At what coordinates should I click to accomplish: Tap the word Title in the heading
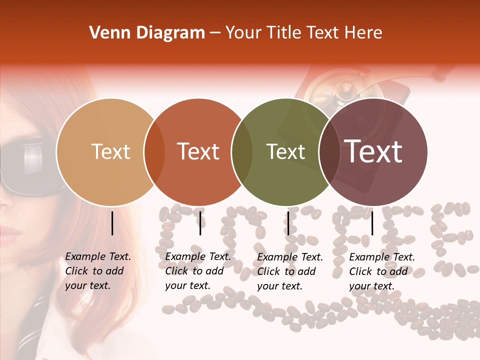pos(284,33)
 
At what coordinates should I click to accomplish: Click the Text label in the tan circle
pos(110,151)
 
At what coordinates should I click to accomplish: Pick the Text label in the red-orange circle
pos(198,151)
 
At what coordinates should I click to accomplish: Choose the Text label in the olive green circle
pos(285,151)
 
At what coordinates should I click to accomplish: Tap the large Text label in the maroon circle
pos(373,151)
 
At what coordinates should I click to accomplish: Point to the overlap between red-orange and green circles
pos(242,152)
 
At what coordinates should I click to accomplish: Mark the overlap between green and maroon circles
pos(329,152)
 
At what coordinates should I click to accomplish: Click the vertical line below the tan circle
pos(112,223)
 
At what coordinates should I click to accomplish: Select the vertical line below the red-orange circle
pos(200,223)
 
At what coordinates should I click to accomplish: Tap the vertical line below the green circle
pos(288,223)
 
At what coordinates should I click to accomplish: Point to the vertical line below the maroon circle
pos(372,223)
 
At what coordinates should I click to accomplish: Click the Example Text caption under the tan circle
pos(97,271)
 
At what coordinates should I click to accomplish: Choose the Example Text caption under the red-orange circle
pos(197,271)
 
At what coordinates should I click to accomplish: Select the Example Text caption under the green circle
pos(289,271)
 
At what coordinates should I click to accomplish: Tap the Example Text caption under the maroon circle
pos(381,271)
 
